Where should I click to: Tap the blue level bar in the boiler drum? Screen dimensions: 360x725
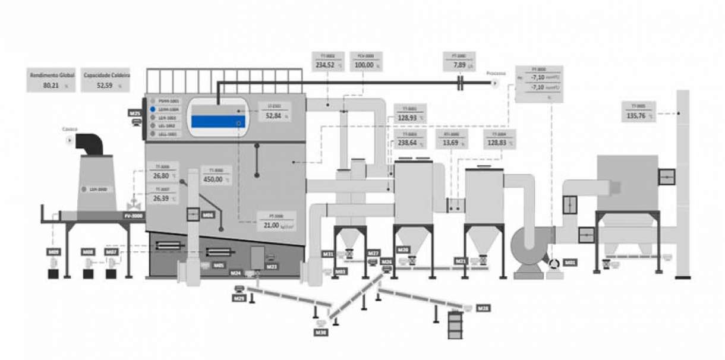coord(218,122)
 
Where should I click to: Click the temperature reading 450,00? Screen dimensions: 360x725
coord(213,179)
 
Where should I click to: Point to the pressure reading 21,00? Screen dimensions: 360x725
coord(271,225)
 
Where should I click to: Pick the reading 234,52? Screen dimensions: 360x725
coord(325,65)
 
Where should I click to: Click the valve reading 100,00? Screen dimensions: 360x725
coord(364,65)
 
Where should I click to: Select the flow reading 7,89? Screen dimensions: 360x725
coord(459,65)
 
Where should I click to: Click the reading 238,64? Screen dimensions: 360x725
coord(407,143)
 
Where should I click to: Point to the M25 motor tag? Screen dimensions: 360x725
coord(135,112)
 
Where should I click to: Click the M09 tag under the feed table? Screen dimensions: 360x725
coord(53,252)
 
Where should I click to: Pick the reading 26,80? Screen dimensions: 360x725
coord(161,176)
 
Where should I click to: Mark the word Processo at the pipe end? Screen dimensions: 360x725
coord(496,74)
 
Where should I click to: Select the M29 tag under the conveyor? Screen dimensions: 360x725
coord(239,298)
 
